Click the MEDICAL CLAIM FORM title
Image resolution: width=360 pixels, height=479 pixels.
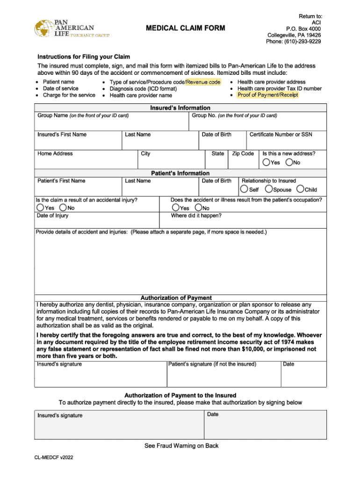[185, 29]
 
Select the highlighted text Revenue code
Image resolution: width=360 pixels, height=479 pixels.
[203, 82]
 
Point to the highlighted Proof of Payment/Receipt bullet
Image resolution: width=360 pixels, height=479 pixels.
[267, 95]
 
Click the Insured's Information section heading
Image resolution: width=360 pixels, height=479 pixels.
[180, 108]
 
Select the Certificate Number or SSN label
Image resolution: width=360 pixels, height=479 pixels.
[281, 135]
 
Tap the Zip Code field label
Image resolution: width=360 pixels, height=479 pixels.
[243, 153]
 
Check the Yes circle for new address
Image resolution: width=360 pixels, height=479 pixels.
[266, 162]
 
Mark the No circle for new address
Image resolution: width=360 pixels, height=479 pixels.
[289, 162]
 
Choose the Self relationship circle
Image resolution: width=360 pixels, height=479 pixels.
[244, 189]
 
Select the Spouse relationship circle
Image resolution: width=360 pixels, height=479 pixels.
[269, 189]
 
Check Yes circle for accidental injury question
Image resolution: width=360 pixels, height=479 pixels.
[41, 208]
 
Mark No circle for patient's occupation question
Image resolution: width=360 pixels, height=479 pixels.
[198, 208]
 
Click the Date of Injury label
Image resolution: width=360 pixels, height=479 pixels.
[52, 216]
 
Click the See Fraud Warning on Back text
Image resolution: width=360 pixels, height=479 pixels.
[181, 446]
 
